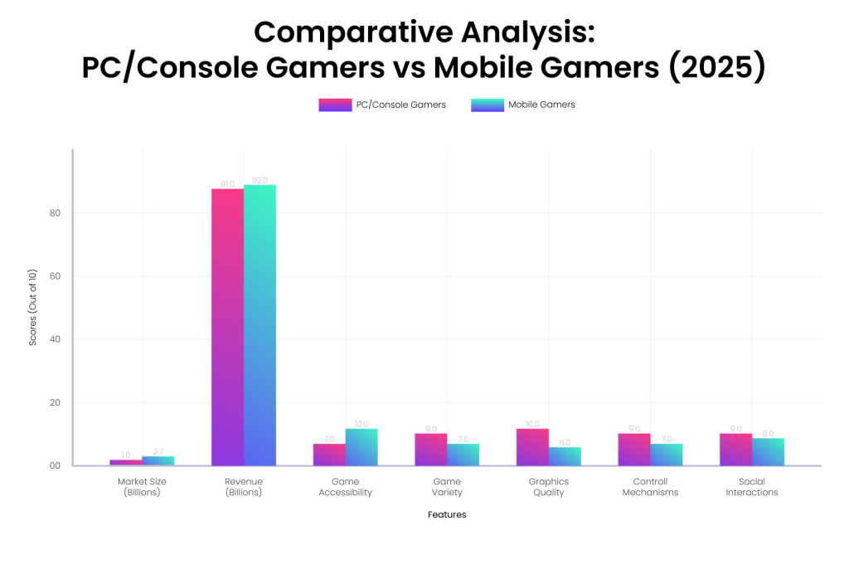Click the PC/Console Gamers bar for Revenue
tap(227, 327)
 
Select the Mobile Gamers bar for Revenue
tap(260, 325)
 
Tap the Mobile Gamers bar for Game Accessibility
tap(361, 447)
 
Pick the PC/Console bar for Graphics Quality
tap(532, 447)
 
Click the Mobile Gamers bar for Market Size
tap(158, 460)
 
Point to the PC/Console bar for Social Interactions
tap(735, 450)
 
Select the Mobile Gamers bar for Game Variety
tap(463, 455)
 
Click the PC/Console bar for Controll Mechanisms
tap(634, 450)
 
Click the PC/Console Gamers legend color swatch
tap(335, 105)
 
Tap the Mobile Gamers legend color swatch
tap(487, 105)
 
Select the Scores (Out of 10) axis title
tap(33, 307)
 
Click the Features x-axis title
tap(447, 514)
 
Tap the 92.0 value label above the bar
tap(260, 180)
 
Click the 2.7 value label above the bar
tap(158, 451)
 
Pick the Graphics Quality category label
tap(548, 487)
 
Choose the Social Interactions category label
tap(752, 487)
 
